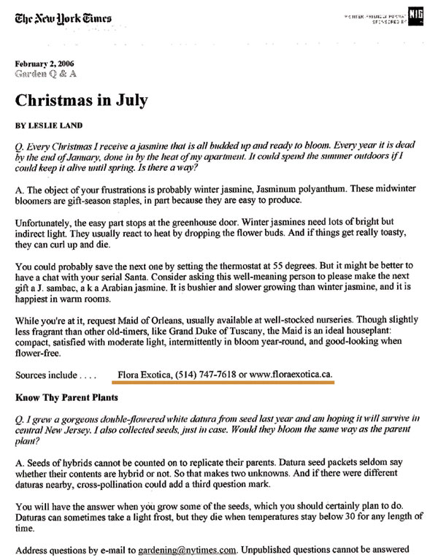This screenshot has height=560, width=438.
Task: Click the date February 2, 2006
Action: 42,64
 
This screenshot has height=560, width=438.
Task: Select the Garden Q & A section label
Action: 45,74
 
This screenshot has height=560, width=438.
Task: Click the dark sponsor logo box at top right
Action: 416,15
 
